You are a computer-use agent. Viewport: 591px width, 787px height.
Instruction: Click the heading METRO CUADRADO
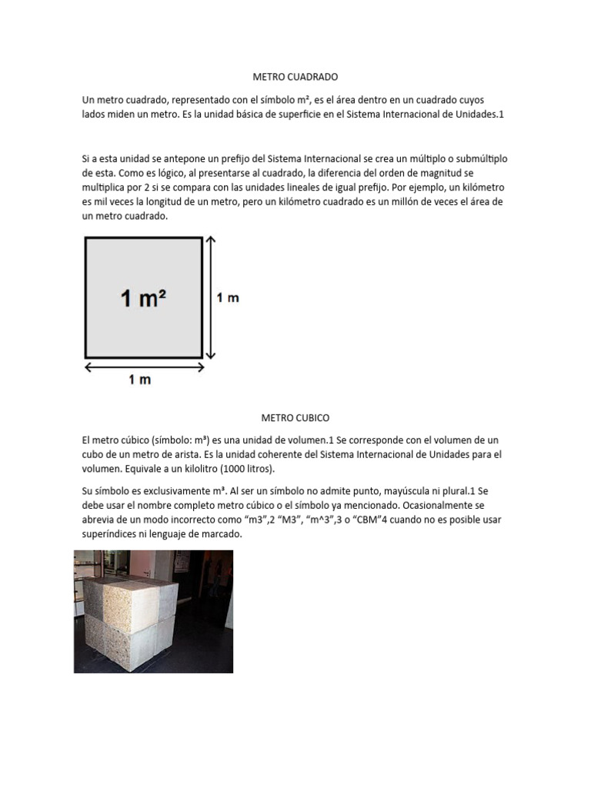295,78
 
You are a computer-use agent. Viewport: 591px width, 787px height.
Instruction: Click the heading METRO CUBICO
295,418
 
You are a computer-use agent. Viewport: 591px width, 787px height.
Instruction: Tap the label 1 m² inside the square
143,298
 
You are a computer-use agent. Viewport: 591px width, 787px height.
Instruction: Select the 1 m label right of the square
227,298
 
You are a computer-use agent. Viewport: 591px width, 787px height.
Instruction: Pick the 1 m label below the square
139,380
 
